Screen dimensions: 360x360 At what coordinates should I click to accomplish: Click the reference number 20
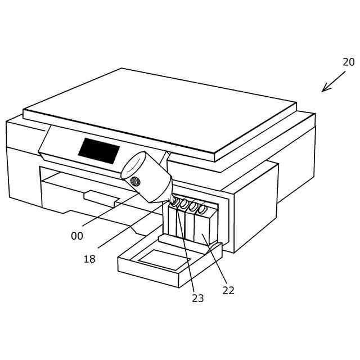[348, 62]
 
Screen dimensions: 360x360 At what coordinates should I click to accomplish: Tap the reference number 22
[228, 290]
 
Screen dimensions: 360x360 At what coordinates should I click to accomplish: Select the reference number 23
[197, 298]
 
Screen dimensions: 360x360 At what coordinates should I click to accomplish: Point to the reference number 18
[89, 259]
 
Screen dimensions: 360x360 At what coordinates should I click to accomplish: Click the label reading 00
[77, 236]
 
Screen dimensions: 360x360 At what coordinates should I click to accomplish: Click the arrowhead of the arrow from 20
[324, 89]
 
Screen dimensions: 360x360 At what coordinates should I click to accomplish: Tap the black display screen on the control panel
[99, 151]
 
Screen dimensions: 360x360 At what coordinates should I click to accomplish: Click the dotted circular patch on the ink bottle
[135, 181]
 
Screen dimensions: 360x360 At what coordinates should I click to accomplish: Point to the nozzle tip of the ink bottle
[170, 199]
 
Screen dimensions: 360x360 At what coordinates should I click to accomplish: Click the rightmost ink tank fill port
[202, 209]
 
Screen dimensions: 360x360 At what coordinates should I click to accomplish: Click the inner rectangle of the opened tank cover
[164, 259]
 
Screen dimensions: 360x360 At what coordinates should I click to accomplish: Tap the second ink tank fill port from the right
[193, 206]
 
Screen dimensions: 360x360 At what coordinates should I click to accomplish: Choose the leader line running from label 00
[110, 210]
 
